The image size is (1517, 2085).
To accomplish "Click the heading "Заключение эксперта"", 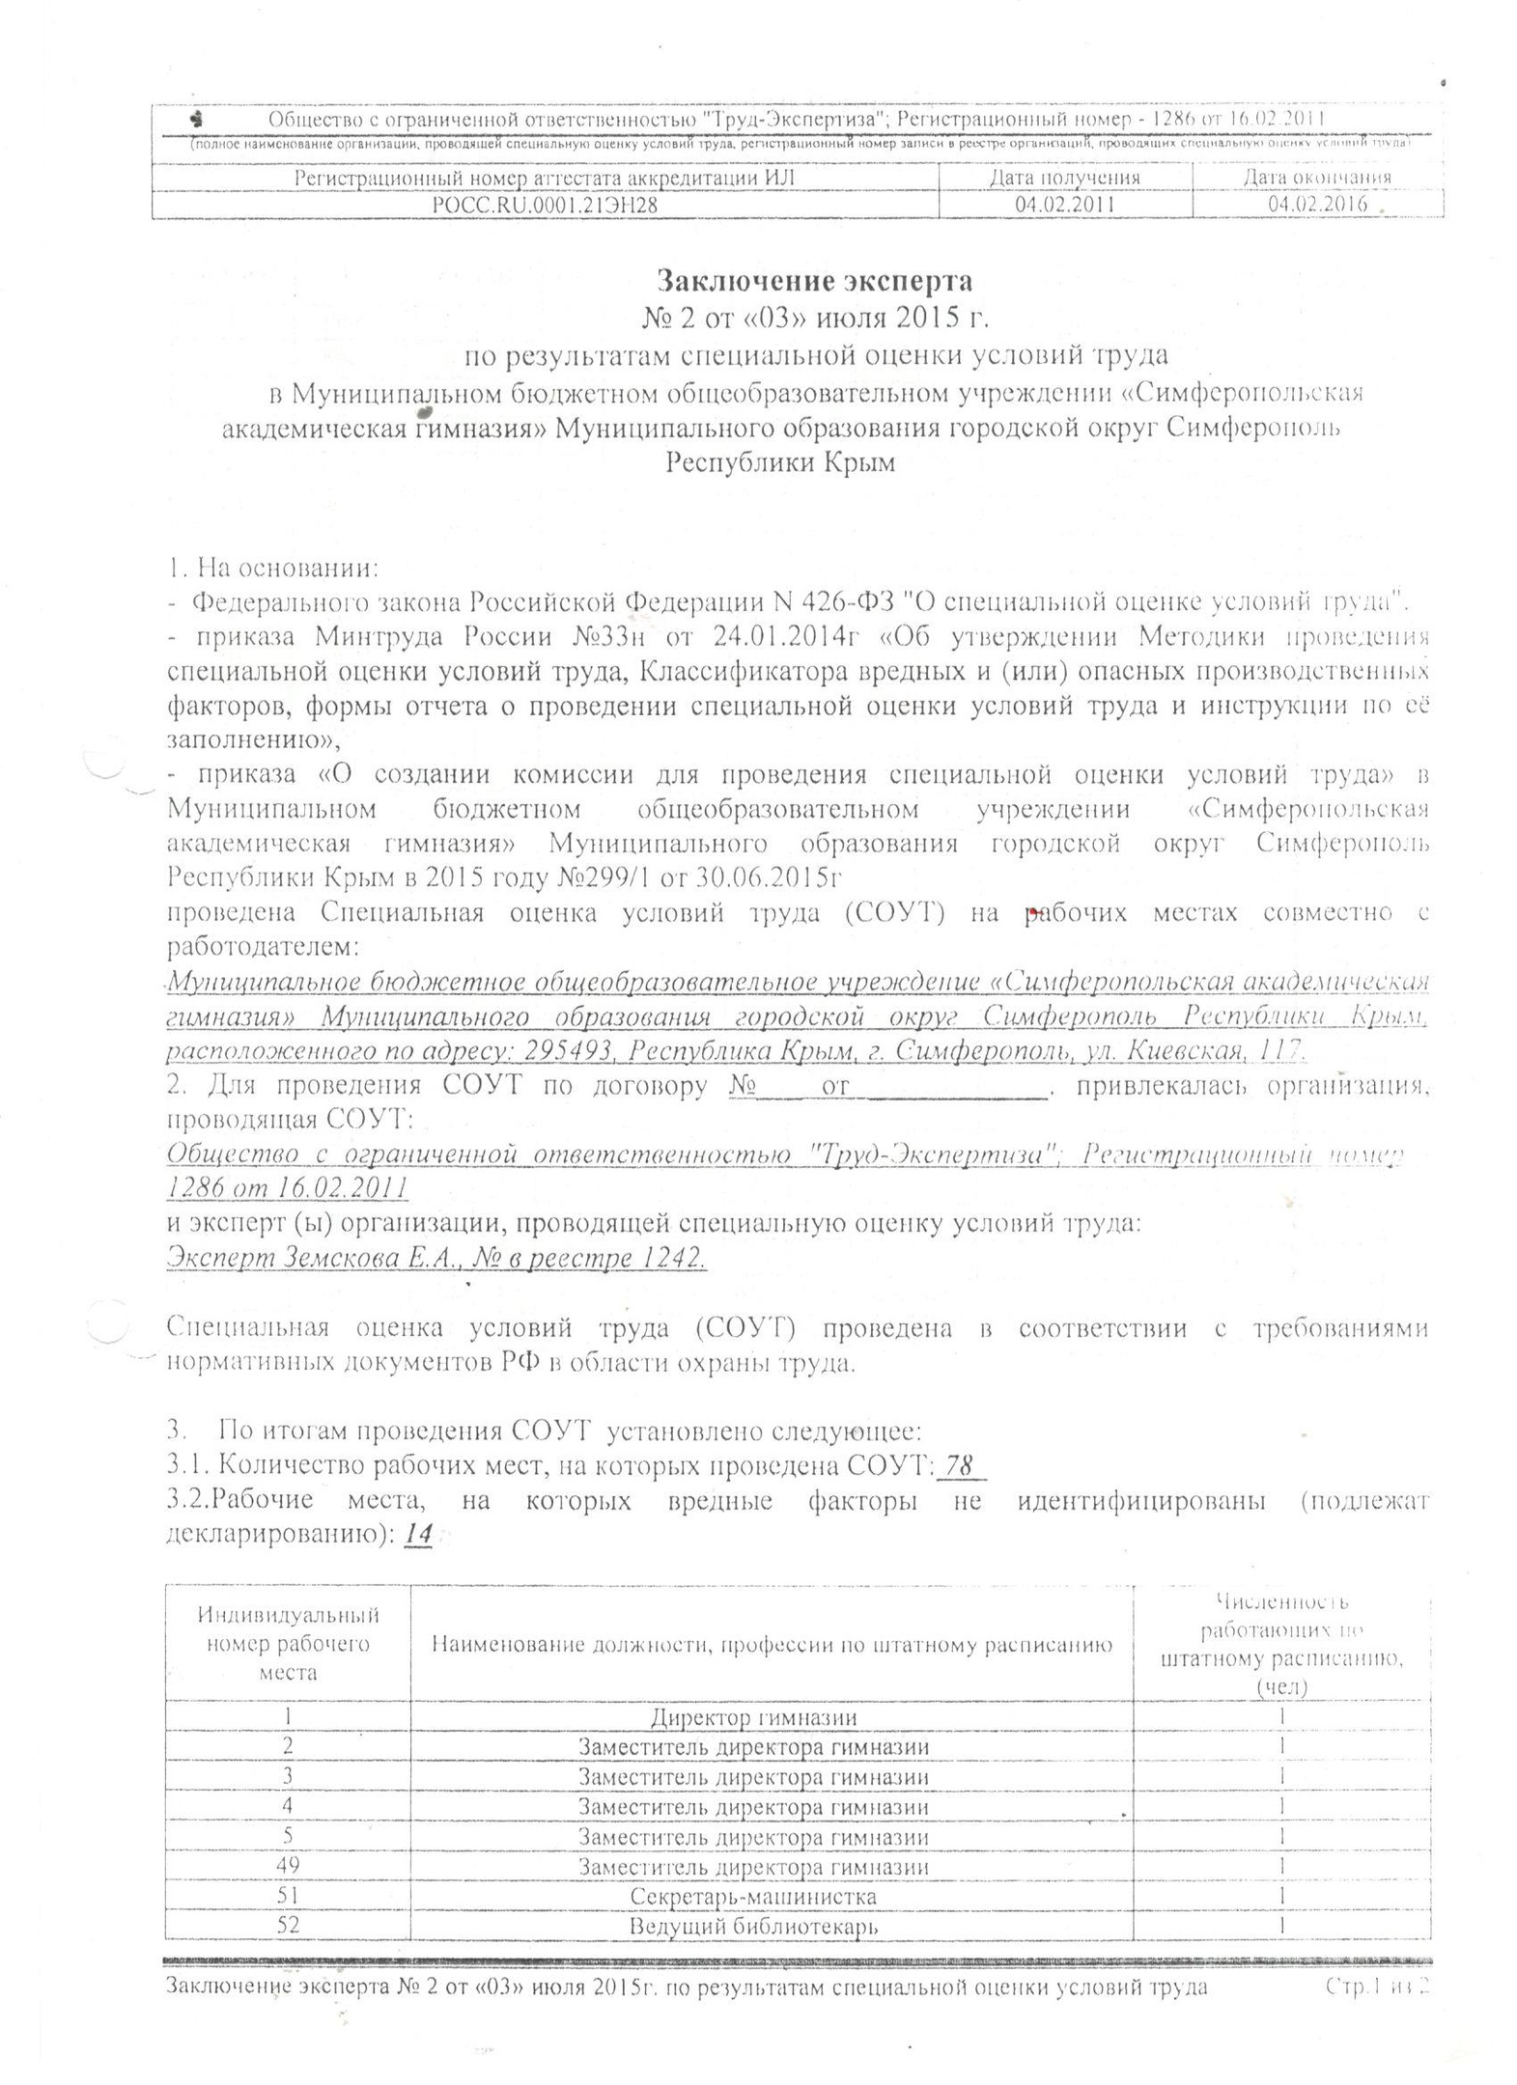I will [814, 281].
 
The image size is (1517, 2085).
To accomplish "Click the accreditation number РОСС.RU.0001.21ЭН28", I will [547, 205].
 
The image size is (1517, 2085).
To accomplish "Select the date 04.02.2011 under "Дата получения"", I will [1064, 205].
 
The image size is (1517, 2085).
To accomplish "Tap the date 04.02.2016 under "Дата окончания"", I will [1317, 205].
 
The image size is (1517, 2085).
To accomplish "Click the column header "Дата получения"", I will [1064, 178].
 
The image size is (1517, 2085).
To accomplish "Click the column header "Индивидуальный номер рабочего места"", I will [288, 1643].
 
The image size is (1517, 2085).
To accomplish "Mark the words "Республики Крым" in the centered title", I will [780, 462].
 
